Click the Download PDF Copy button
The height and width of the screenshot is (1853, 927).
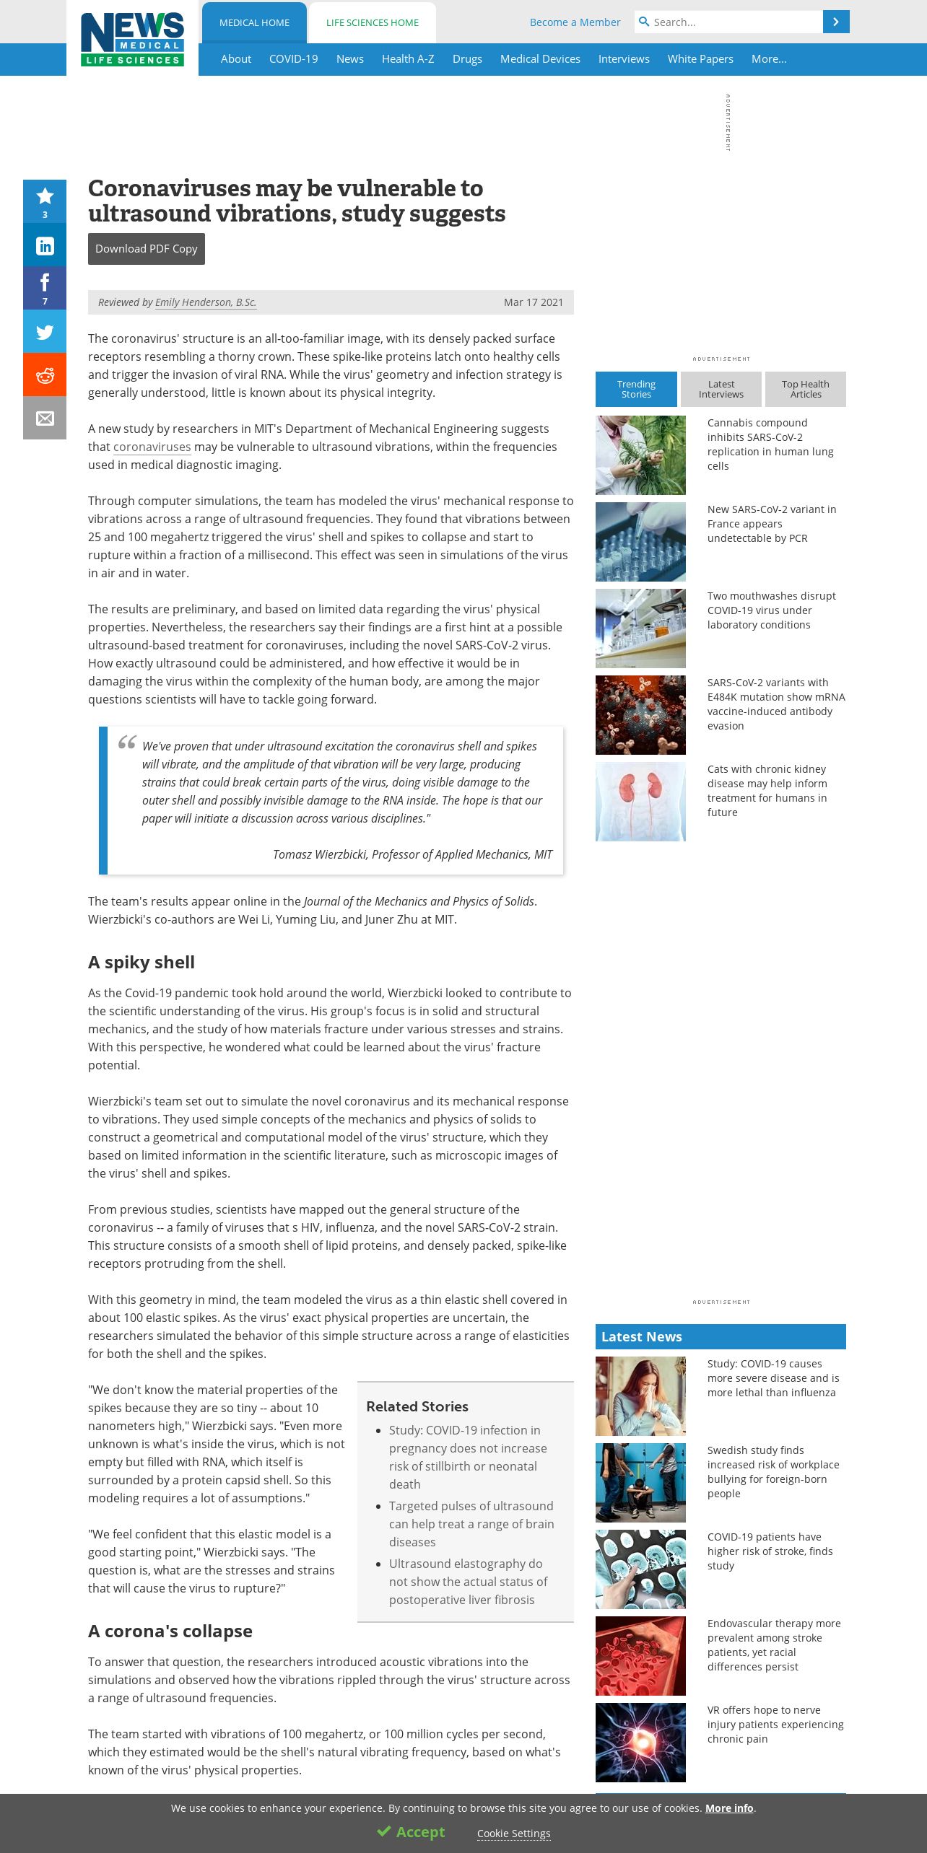pyautogui.click(x=147, y=249)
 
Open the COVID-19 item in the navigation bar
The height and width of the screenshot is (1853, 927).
pyautogui.click(x=293, y=59)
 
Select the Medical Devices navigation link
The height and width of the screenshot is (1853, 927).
pyautogui.click(x=540, y=59)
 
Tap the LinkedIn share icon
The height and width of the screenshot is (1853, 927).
pyautogui.click(x=45, y=245)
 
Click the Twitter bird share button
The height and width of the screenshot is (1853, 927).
pyautogui.click(x=45, y=332)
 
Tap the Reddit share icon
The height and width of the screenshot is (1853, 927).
pyautogui.click(x=45, y=375)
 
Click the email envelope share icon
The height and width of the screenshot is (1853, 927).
pyautogui.click(x=45, y=419)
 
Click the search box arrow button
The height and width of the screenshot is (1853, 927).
pyautogui.click(x=836, y=22)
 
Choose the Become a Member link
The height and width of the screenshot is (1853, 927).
pyautogui.click(x=575, y=22)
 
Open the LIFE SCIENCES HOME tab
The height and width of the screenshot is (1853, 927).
pyautogui.click(x=373, y=23)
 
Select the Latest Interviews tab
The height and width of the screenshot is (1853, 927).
pyautogui.click(x=721, y=390)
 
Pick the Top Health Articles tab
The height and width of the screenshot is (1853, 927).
pyautogui.click(x=805, y=390)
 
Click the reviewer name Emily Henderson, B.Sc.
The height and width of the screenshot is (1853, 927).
pyautogui.click(x=206, y=302)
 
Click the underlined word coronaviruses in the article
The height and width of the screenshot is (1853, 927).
pyautogui.click(x=152, y=447)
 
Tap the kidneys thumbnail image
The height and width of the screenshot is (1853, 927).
pyautogui.click(x=640, y=802)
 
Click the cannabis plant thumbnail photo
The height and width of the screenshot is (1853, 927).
pyautogui.click(x=640, y=455)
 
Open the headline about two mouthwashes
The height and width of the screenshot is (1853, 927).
pyautogui.click(x=771, y=610)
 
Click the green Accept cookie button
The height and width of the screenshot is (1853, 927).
pyautogui.click(x=411, y=1832)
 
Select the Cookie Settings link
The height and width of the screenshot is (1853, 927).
pyautogui.click(x=513, y=1834)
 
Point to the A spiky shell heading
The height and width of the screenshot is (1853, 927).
pyautogui.click(x=142, y=963)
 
